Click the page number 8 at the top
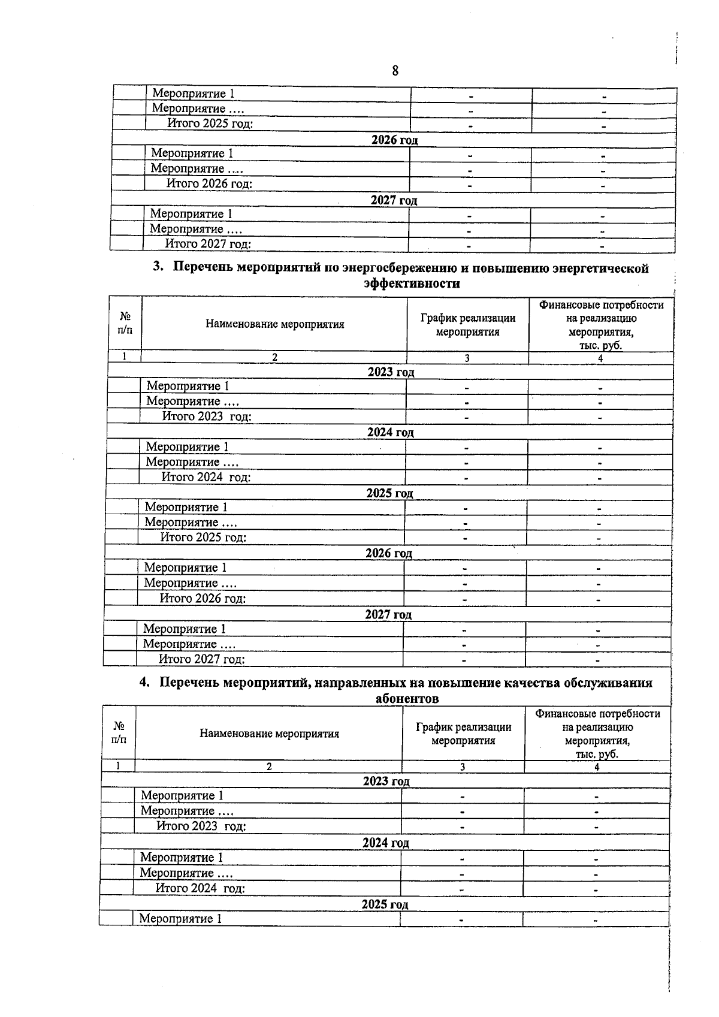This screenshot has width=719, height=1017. [x=395, y=71]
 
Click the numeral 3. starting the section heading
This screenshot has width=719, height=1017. [x=158, y=267]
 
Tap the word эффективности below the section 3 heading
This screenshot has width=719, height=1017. [x=412, y=283]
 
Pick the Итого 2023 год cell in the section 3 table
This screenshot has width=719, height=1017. [x=207, y=417]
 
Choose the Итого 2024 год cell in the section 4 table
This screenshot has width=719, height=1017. [x=200, y=888]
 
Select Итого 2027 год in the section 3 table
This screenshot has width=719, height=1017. [x=202, y=659]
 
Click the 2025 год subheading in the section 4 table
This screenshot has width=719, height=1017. [x=385, y=904]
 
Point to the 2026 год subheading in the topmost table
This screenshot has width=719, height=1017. [x=394, y=140]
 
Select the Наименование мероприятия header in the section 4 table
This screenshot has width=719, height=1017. [x=269, y=734]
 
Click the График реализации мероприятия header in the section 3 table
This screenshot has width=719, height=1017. [x=467, y=325]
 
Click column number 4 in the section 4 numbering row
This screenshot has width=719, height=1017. [x=597, y=766]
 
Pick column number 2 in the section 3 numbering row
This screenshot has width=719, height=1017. [x=274, y=358]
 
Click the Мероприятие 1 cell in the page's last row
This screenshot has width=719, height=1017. [x=180, y=919]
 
